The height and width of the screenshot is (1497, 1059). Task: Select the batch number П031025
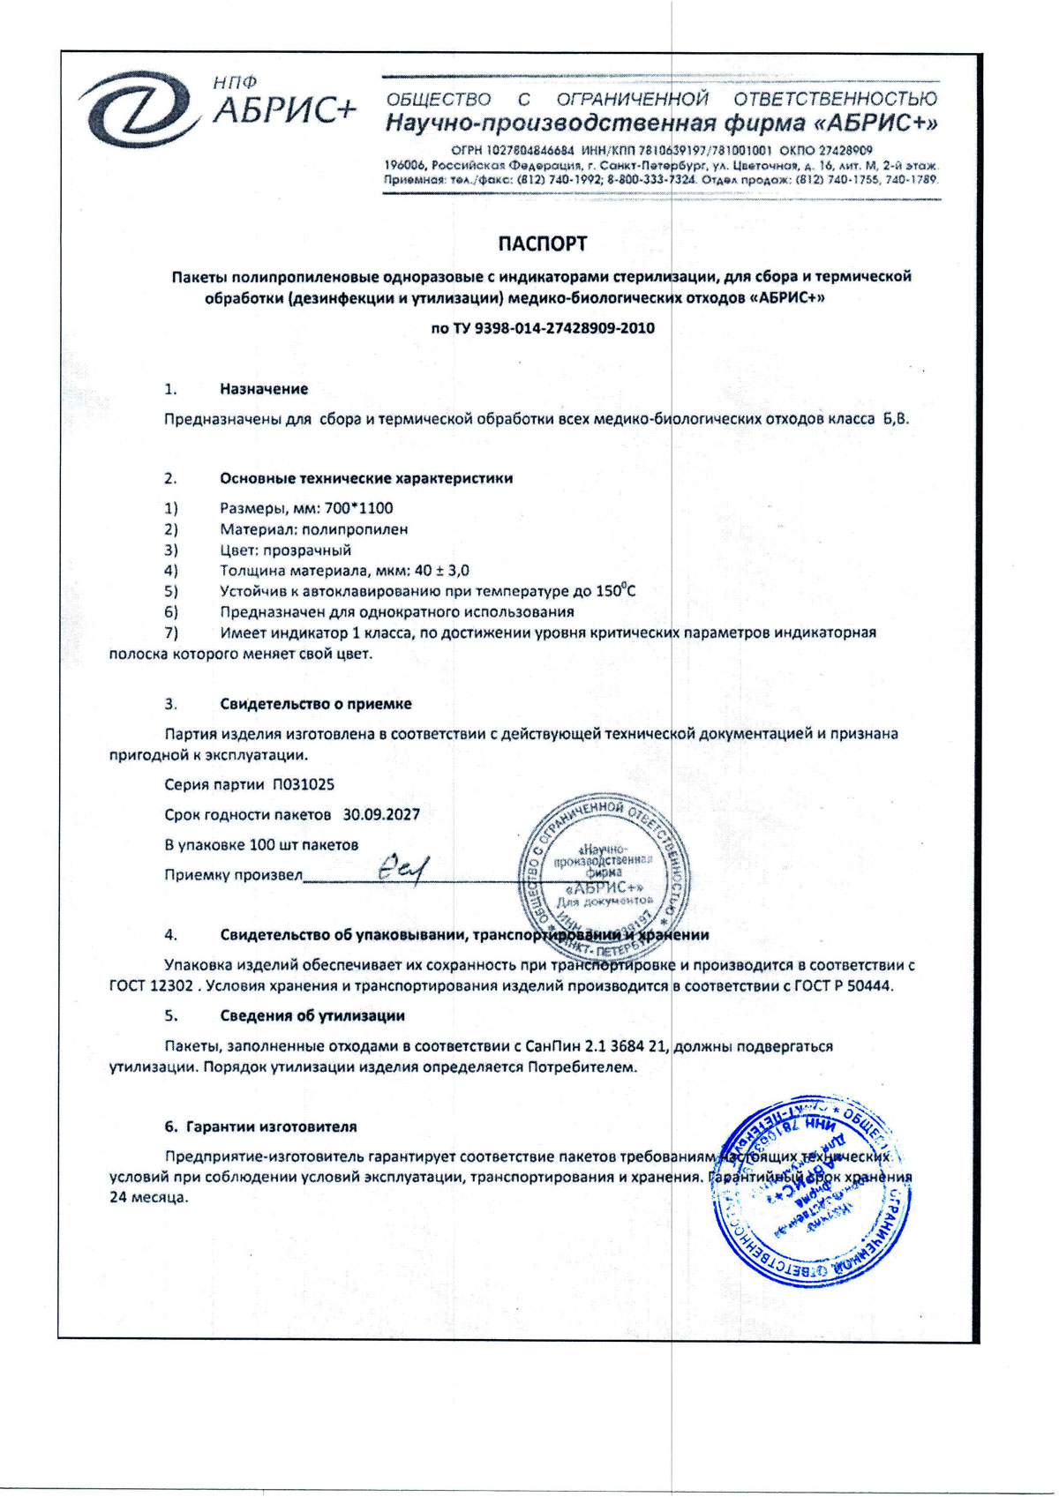point(303,784)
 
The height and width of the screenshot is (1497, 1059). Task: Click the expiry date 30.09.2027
point(381,814)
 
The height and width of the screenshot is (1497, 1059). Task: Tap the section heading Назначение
point(264,389)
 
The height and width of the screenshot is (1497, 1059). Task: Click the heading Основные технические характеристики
point(366,478)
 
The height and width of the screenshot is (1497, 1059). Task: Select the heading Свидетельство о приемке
point(316,704)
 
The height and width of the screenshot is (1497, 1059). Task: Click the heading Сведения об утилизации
point(312,1015)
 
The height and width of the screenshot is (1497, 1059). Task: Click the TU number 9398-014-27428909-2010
point(565,328)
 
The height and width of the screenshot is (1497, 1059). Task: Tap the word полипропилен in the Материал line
point(355,529)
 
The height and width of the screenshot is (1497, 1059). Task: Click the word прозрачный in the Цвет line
point(309,550)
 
